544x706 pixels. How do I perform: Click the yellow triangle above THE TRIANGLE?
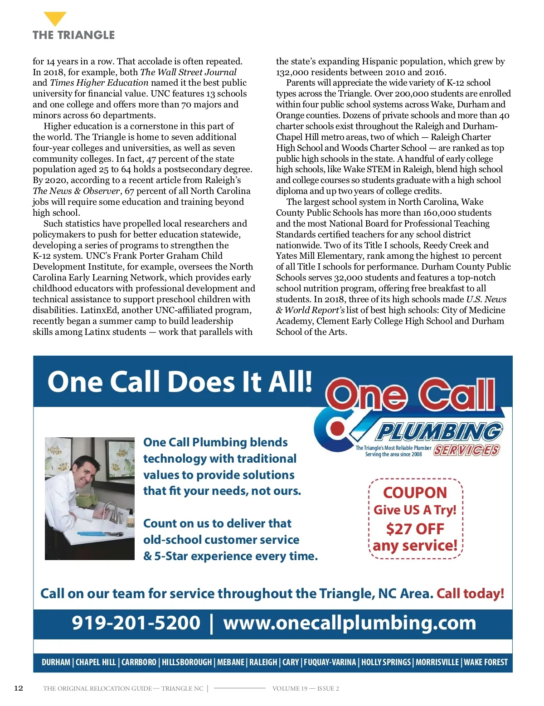point(55,19)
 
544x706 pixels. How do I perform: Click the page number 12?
point(19,688)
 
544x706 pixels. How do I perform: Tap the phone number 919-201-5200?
point(136,623)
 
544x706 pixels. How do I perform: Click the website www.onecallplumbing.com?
point(350,623)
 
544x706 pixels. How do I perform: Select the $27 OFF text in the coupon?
point(415,528)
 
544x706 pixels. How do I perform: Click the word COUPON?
point(415,493)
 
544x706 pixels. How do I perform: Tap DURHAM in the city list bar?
point(56,662)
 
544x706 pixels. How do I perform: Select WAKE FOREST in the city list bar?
point(486,662)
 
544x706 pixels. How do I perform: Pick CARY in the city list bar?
point(291,662)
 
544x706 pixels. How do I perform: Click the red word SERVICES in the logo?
point(466,450)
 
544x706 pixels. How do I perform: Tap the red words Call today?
point(470,594)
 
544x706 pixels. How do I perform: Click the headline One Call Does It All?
point(180,382)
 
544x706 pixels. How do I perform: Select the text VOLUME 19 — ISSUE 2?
point(306,688)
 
